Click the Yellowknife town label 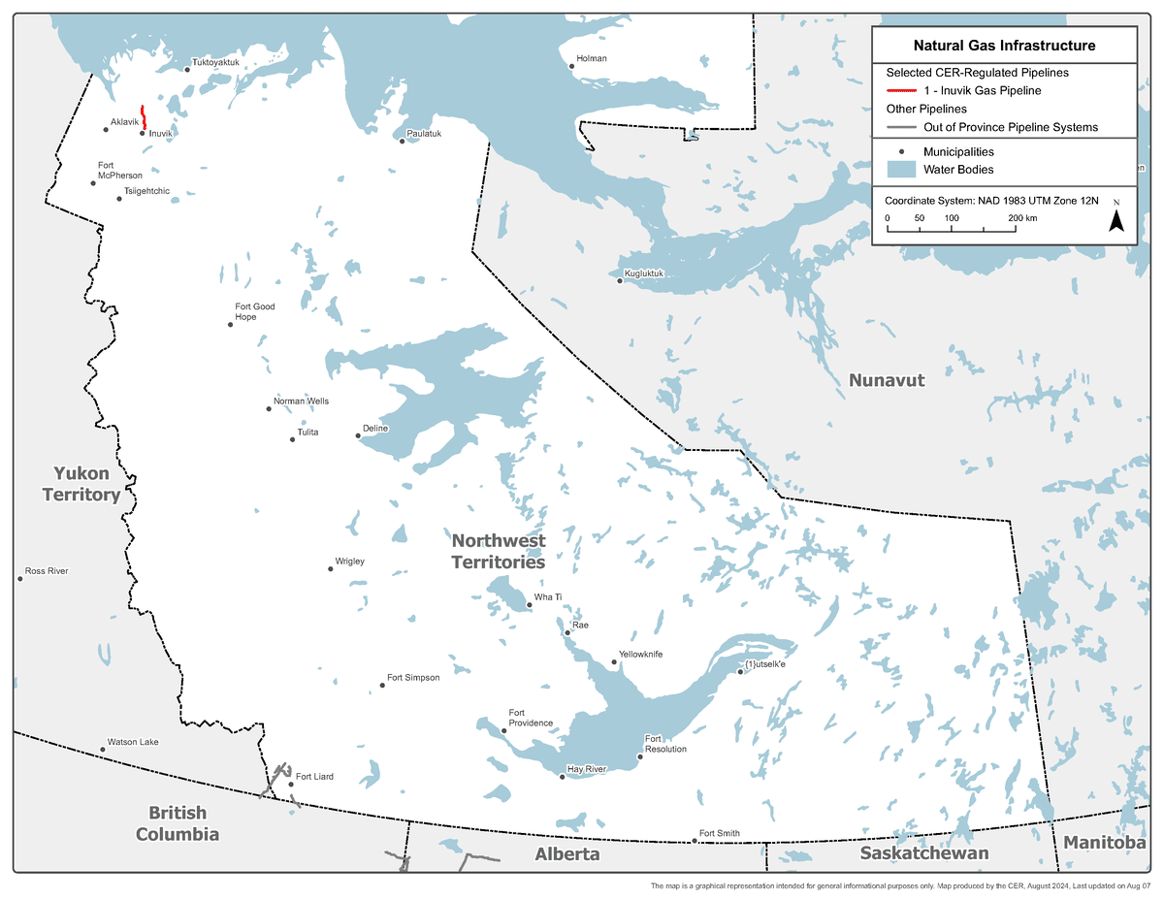click(x=641, y=655)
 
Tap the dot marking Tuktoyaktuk click(x=187, y=69)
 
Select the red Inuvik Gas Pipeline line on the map click(x=144, y=116)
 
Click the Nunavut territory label click(x=887, y=380)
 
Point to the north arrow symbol click(x=1116, y=220)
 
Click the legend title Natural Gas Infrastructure click(x=1004, y=46)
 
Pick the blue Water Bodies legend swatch click(x=902, y=170)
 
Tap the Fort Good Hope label click(x=255, y=311)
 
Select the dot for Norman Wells click(x=269, y=408)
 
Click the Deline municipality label click(x=375, y=428)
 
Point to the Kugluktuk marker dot click(x=620, y=281)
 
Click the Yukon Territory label click(x=81, y=484)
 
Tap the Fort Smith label click(x=719, y=834)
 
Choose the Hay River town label click(x=587, y=769)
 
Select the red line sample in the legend click(x=901, y=91)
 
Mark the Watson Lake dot click(x=102, y=750)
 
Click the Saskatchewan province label click(x=923, y=853)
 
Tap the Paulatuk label click(x=424, y=134)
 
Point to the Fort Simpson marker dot click(x=382, y=686)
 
